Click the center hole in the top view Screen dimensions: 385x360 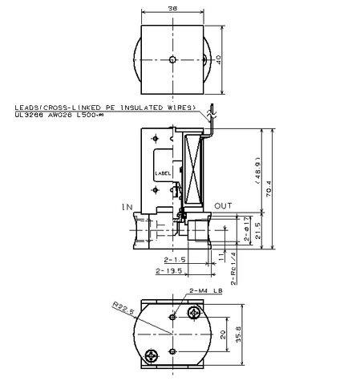pyautogui.click(x=173, y=59)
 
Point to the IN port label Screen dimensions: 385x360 pyautogui.click(x=127, y=207)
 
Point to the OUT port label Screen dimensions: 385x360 pyautogui.click(x=223, y=206)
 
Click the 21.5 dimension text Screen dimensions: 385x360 pyautogui.click(x=257, y=233)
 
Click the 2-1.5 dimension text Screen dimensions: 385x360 pyautogui.click(x=174, y=261)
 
